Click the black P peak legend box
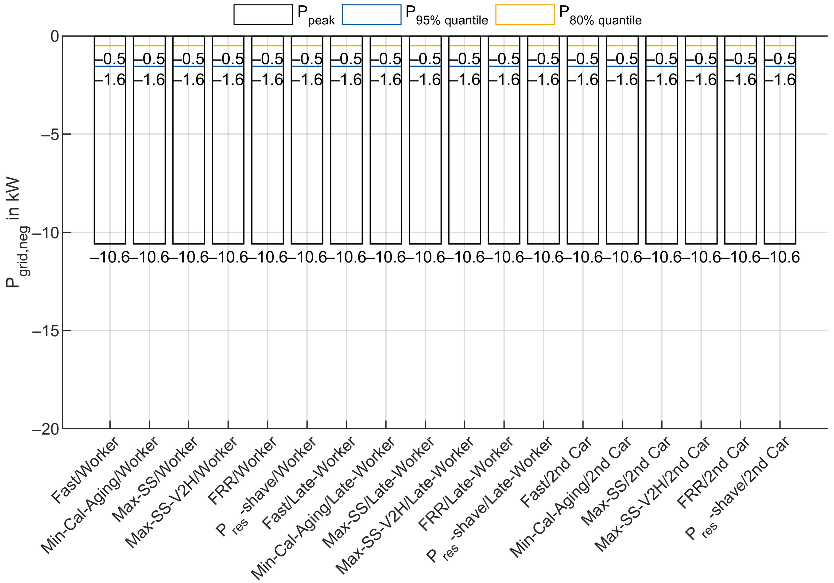263,15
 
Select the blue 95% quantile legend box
371,15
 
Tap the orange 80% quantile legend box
525,15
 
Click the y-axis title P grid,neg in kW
15,233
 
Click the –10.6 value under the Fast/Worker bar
110,257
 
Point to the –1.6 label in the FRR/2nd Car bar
741,80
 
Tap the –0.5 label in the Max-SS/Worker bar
189,59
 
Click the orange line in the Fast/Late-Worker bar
346,46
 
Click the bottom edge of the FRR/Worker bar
267,243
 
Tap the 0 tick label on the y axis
54,37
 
